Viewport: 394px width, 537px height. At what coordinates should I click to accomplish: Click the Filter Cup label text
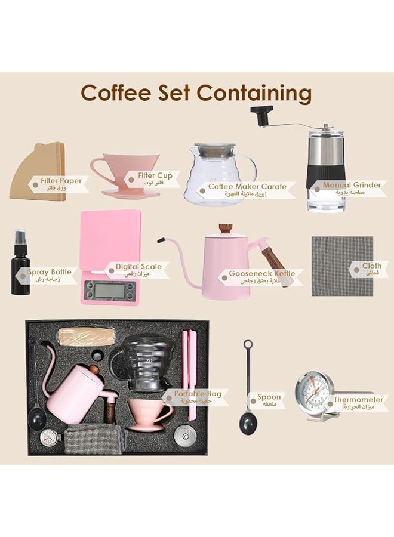[x=155, y=176]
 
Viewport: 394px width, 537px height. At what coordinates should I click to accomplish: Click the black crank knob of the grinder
[x=261, y=113]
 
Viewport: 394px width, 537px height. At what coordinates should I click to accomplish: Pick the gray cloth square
[x=342, y=266]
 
